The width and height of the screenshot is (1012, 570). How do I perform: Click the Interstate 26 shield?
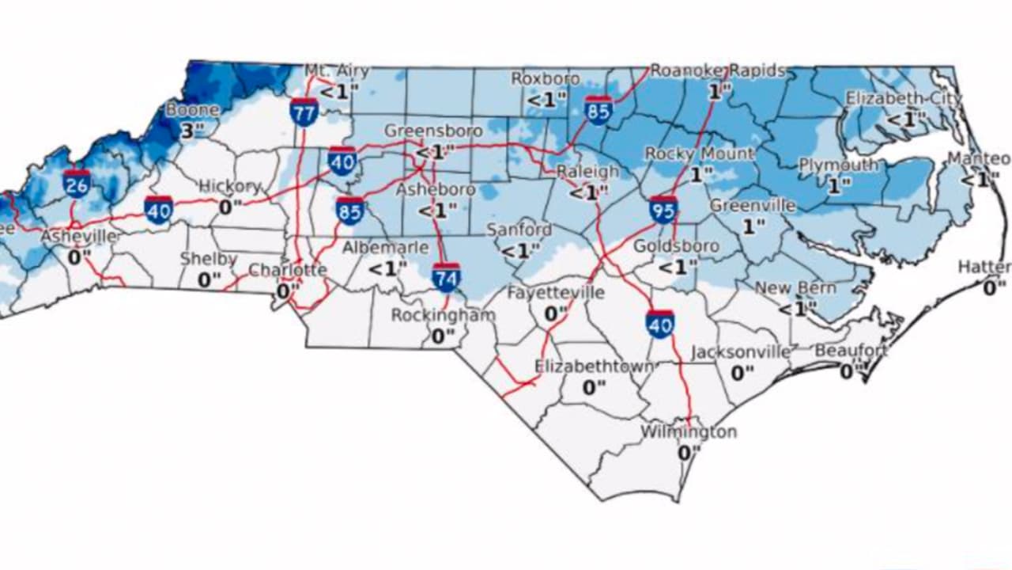(x=77, y=183)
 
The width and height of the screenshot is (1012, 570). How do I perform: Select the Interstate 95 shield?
(x=663, y=210)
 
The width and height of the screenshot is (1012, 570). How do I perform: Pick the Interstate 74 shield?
(x=447, y=277)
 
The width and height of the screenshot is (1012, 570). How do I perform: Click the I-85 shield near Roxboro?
(x=599, y=110)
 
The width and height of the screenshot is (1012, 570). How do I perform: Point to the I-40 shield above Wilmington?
(x=659, y=324)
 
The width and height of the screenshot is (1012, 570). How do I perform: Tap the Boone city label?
(x=187, y=110)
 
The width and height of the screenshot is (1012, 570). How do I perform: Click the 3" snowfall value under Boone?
(x=187, y=130)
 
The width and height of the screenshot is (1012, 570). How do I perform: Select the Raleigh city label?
(x=587, y=172)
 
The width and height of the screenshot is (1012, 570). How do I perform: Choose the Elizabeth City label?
(x=904, y=99)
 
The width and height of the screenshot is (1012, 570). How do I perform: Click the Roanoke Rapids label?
(x=717, y=71)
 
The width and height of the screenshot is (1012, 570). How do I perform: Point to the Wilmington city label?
(x=688, y=432)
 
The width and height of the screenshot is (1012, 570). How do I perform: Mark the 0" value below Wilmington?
(x=689, y=453)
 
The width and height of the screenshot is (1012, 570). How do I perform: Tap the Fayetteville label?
(x=555, y=293)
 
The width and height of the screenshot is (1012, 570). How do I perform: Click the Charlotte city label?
(x=288, y=271)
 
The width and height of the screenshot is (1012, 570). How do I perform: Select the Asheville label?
(x=79, y=237)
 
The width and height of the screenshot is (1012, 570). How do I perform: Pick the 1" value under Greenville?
(x=753, y=226)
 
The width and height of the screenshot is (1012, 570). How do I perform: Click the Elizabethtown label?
(x=594, y=367)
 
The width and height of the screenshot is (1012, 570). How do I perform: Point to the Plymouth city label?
(x=838, y=165)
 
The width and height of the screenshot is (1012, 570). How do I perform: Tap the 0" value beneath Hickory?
(x=230, y=207)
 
